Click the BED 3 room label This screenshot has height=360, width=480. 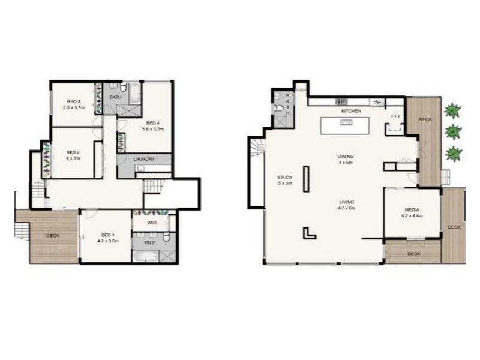74,103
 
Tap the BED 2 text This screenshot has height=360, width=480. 73,152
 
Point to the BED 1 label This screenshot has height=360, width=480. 107,235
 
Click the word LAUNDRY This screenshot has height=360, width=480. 144,159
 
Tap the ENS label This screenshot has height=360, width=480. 150,243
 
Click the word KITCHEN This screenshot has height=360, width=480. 350,112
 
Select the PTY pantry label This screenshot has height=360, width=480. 395,116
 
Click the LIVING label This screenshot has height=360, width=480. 347,202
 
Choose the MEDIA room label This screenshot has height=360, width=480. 412,209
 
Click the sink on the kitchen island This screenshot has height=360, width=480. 347,122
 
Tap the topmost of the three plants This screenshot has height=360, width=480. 452,110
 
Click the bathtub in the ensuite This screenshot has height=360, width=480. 145,257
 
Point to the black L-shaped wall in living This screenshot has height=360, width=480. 309,233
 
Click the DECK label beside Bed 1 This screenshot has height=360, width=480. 53,235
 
